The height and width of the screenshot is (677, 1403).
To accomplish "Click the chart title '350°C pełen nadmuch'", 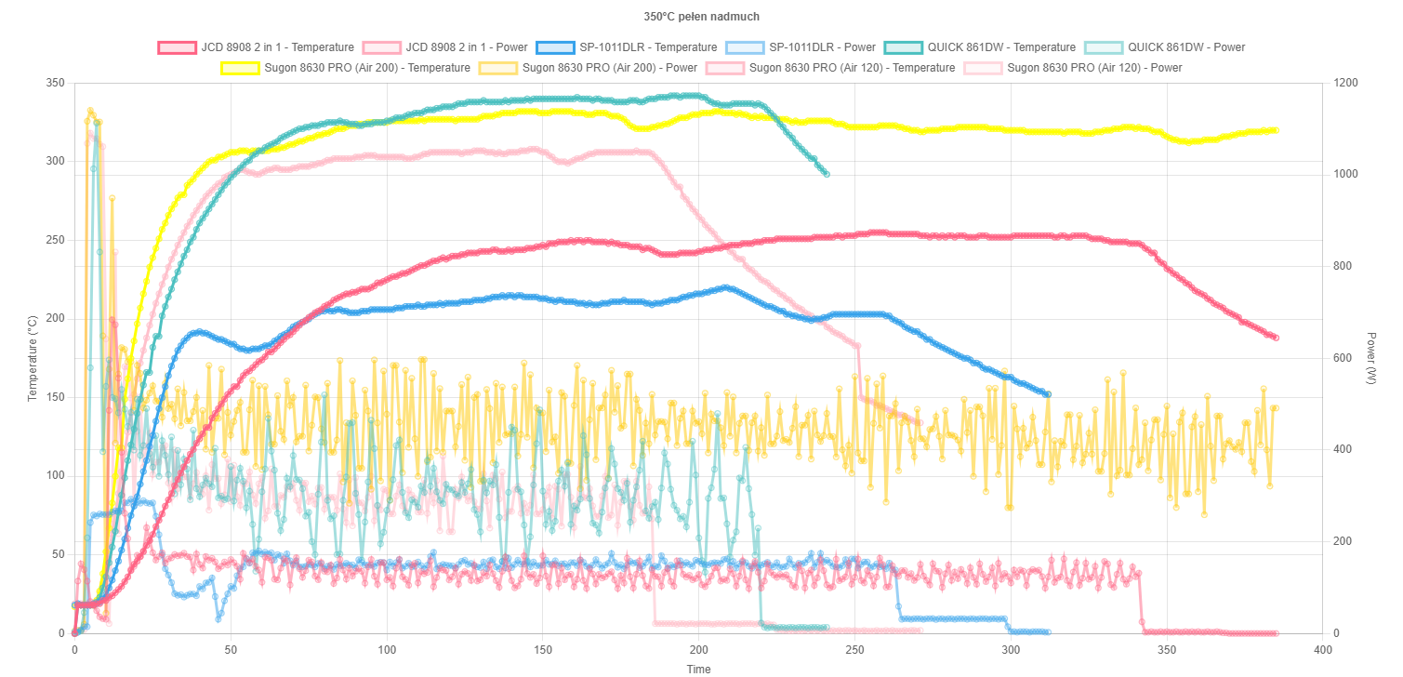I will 701,17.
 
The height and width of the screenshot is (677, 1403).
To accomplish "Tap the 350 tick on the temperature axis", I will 55,84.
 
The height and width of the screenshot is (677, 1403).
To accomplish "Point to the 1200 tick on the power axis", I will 1345,84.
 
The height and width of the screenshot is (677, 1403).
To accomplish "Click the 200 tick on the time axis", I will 699,650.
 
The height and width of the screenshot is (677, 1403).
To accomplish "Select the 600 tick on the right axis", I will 1343,358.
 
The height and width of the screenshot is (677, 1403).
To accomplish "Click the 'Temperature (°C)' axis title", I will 33,358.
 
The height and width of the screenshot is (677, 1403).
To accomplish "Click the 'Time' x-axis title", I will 698,669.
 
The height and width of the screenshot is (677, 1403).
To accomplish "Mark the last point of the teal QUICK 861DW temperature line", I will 826,174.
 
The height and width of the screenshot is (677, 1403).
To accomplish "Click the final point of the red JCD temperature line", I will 1276,338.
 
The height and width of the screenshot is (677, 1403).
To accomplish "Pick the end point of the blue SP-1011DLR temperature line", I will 1048,394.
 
